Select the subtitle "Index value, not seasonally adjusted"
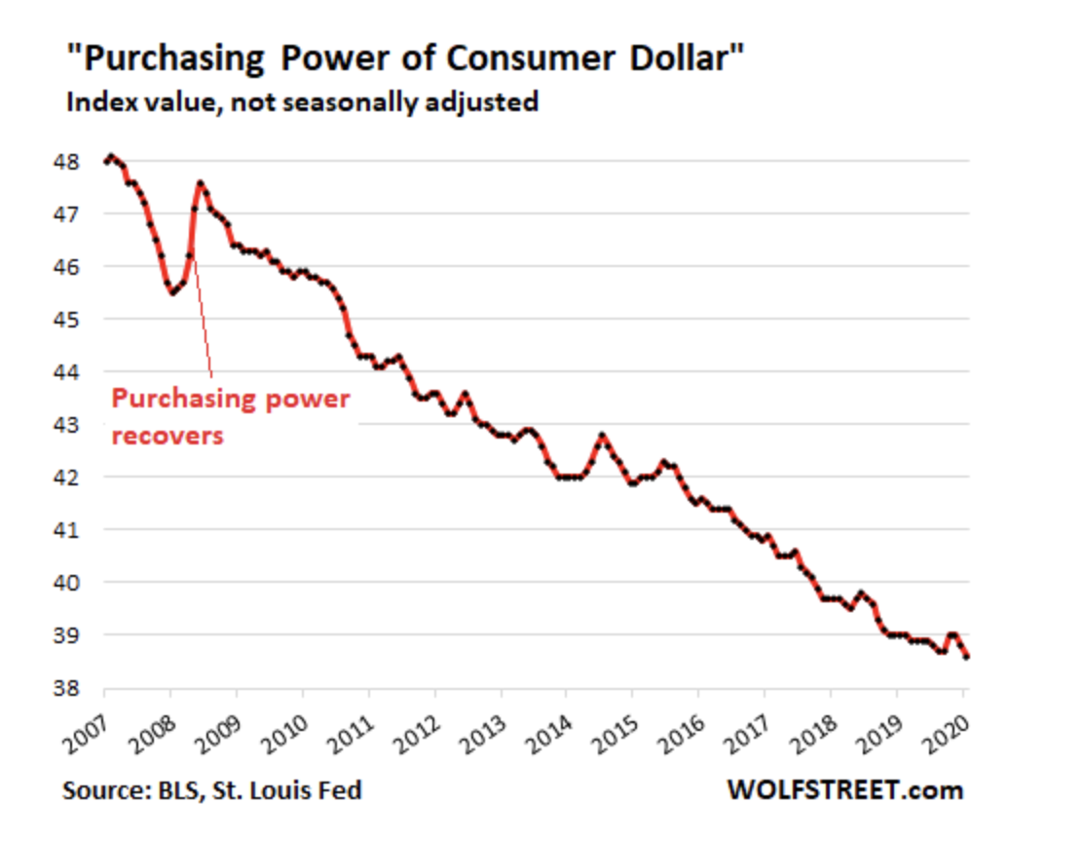click(301, 102)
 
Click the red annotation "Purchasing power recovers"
click(230, 416)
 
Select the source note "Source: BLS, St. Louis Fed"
click(212, 789)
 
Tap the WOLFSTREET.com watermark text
click(844, 789)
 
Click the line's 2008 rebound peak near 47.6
click(200, 182)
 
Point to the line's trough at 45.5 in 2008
click(172, 292)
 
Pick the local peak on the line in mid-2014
click(602, 435)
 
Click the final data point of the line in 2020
click(964, 657)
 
